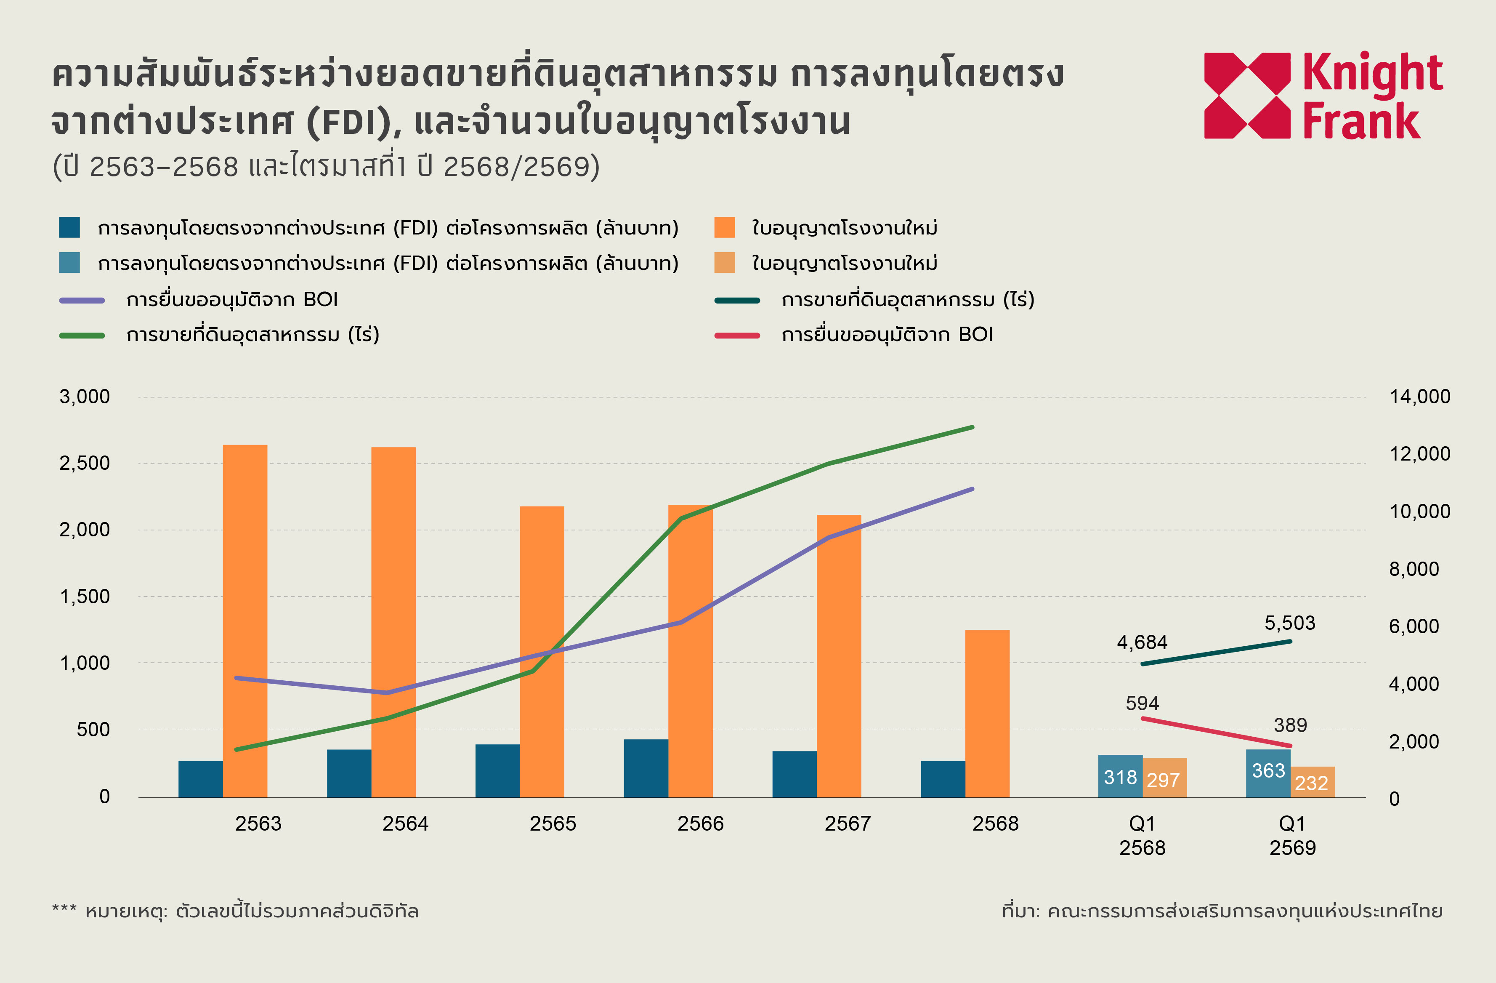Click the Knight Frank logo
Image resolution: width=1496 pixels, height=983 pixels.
[x=1323, y=96]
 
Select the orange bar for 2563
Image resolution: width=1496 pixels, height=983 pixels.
[x=245, y=621]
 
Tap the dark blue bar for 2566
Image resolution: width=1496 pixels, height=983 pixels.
[x=646, y=768]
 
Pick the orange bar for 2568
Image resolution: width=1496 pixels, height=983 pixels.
[x=988, y=713]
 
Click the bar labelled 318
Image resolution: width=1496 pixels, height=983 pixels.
[x=1120, y=776]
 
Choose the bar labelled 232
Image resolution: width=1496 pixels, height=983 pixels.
[x=1313, y=782]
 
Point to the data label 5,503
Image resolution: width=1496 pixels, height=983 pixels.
[x=1290, y=623]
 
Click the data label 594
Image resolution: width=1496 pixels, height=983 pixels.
[x=1142, y=703]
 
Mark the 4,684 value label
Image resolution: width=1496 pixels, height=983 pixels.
[x=1142, y=642]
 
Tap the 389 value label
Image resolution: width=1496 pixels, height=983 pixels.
[x=1291, y=725]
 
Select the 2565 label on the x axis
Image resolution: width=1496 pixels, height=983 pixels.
[x=553, y=823]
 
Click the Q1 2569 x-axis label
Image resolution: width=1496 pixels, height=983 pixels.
[x=1292, y=835]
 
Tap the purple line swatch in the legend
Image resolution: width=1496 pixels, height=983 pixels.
[x=82, y=301]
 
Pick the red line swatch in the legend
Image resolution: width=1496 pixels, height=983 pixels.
[x=737, y=335]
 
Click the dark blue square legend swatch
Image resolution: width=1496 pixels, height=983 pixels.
[x=70, y=227]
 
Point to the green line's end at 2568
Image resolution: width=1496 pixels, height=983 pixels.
[x=973, y=427]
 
